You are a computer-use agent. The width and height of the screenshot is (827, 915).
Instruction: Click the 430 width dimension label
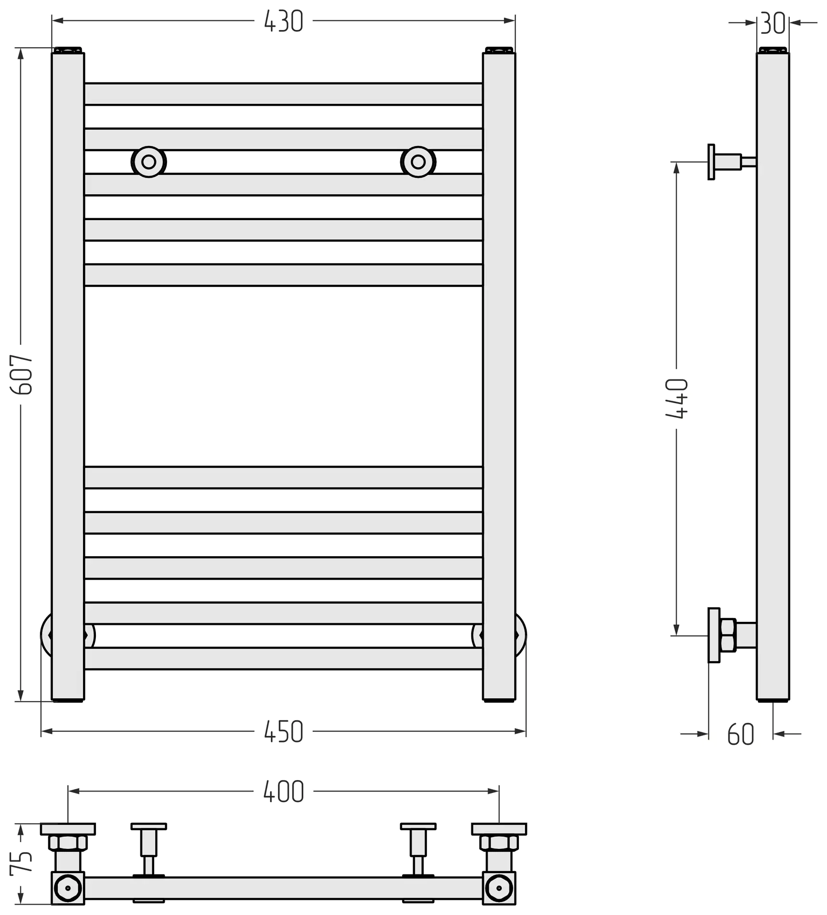[283, 21]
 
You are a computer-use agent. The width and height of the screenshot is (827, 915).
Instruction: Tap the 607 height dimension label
[21, 375]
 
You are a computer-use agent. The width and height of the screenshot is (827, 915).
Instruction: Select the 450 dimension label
[283, 732]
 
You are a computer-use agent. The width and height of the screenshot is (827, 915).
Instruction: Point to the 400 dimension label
[283, 792]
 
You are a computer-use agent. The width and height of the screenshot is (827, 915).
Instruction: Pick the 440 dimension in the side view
[677, 399]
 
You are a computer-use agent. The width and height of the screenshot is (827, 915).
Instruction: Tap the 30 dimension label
[773, 23]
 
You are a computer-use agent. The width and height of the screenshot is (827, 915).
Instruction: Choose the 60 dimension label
[741, 734]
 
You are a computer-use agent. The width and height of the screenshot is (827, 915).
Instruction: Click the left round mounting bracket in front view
[149, 162]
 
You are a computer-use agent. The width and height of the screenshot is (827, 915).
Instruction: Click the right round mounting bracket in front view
[418, 162]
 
